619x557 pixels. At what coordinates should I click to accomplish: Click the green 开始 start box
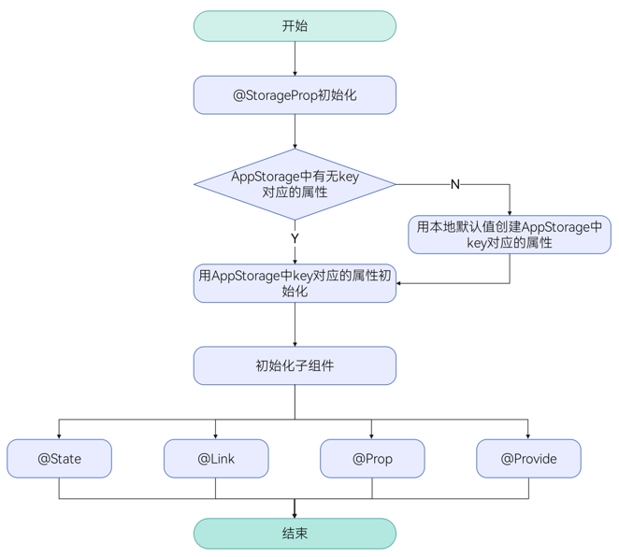(295, 26)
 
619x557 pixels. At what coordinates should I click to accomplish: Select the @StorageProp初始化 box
(295, 95)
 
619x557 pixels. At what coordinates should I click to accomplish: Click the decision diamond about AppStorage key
(295, 184)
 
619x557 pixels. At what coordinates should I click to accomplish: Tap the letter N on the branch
(455, 184)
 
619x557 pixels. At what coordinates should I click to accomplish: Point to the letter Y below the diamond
(295, 238)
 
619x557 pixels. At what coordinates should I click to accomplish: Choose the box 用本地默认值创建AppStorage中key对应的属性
(510, 235)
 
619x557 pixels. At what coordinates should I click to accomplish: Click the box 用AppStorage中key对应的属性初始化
(295, 283)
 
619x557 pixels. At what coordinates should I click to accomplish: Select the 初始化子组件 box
(295, 365)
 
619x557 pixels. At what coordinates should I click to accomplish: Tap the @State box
(59, 459)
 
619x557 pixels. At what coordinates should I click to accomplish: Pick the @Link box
(216, 459)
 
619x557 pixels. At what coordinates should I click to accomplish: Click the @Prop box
(372, 459)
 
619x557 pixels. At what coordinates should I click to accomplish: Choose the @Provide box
(528, 459)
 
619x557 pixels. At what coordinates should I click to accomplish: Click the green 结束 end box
(295, 534)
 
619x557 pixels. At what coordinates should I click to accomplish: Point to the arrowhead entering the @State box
(59, 436)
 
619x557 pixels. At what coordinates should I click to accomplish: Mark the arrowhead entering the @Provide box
(528, 436)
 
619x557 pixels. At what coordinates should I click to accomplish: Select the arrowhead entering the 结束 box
(295, 514)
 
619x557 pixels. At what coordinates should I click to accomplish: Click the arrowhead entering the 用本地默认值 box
(510, 213)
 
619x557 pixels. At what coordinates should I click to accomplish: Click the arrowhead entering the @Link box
(216, 436)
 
